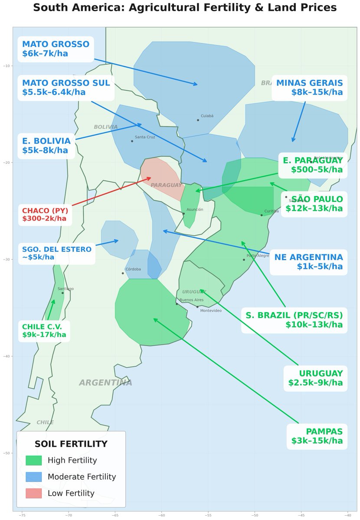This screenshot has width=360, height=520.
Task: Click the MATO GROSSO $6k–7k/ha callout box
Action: (x=56, y=49)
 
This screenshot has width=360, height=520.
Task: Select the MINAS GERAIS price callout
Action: (x=309, y=88)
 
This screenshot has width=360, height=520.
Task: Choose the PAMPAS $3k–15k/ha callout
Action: (x=317, y=437)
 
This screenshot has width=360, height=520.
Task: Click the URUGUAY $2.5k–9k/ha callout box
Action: (x=315, y=378)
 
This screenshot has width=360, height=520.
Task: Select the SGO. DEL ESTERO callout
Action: (x=56, y=253)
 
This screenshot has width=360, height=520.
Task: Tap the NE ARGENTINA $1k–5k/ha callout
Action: (x=308, y=262)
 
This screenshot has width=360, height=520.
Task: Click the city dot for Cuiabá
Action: (x=198, y=120)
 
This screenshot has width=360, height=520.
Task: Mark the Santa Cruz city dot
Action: (x=132, y=141)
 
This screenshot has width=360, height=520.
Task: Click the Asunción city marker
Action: (x=183, y=214)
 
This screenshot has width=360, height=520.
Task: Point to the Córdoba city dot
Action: (x=123, y=273)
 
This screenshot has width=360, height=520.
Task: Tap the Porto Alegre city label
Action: (x=258, y=256)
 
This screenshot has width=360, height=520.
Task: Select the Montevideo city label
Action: (x=211, y=311)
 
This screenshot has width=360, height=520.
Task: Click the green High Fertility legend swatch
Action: (x=33, y=460)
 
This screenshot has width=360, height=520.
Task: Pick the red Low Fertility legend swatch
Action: (x=33, y=493)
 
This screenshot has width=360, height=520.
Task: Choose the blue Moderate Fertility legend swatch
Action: (x=33, y=477)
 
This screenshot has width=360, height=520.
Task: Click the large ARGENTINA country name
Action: (x=105, y=383)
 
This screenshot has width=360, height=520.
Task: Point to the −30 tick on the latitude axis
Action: (x=7, y=260)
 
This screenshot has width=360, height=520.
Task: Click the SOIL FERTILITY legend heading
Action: (x=71, y=444)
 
